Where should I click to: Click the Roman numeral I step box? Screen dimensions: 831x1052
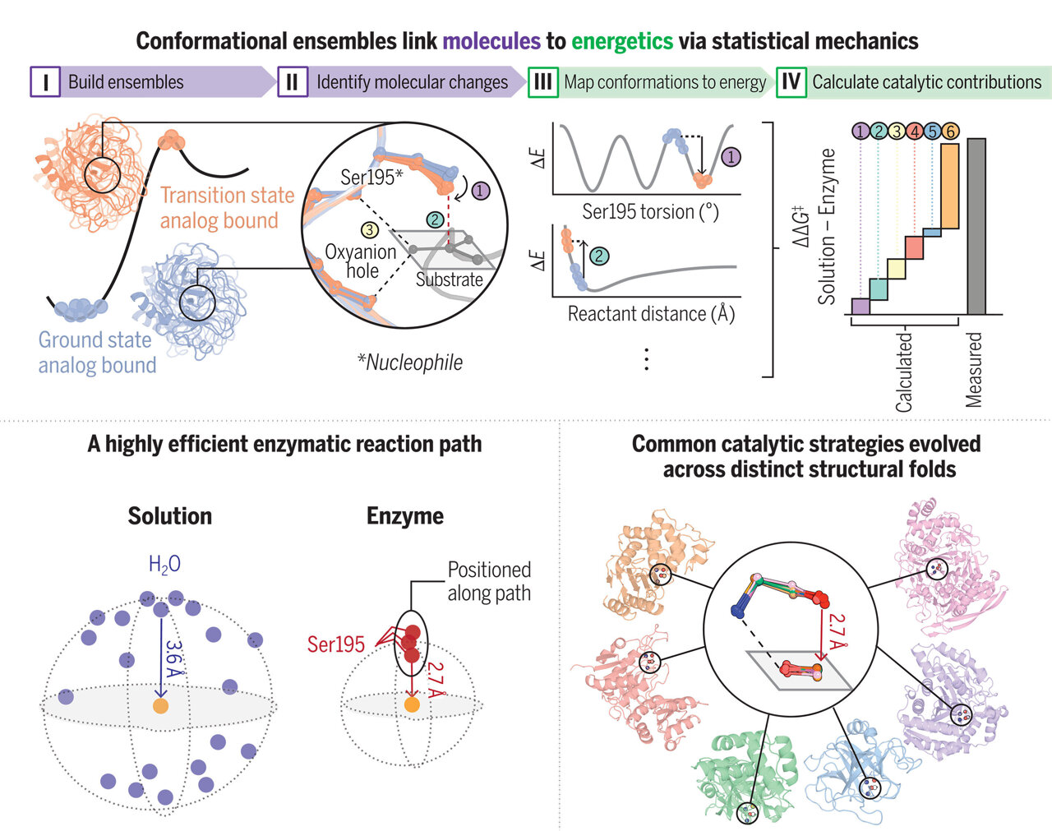click(45, 82)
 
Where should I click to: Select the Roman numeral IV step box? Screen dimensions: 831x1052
click(791, 82)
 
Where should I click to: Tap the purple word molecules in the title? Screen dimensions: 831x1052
click(491, 41)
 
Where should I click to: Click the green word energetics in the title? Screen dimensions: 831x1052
click(622, 41)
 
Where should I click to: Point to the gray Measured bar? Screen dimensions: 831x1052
click(976, 226)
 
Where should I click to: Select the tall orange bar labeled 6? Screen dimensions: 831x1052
click(949, 187)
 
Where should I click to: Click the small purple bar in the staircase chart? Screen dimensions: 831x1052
click(860, 307)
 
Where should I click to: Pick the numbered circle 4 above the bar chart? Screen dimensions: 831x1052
click(914, 131)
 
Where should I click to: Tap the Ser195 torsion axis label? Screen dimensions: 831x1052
click(650, 212)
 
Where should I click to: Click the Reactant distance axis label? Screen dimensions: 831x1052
click(651, 314)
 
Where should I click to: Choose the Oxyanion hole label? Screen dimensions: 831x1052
click(360, 261)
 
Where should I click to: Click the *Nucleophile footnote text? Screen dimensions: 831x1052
click(410, 362)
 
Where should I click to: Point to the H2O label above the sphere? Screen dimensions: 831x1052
click(164, 565)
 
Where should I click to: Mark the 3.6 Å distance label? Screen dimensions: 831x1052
click(173, 658)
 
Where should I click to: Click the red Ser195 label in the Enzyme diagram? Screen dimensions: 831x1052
click(335, 644)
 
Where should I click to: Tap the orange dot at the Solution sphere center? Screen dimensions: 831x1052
click(160, 705)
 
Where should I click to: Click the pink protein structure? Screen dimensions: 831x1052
click(953, 559)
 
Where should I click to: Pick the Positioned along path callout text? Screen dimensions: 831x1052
click(489, 581)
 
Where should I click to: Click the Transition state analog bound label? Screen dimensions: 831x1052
click(226, 208)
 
